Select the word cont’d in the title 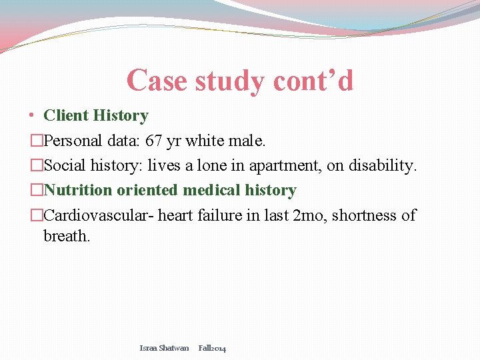(313, 81)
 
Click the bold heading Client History (95, 115)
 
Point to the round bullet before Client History (32, 115)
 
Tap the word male (247, 141)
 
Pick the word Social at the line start (66, 165)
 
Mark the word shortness (367, 215)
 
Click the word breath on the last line (65, 236)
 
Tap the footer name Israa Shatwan (164, 348)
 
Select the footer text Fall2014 (212, 348)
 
